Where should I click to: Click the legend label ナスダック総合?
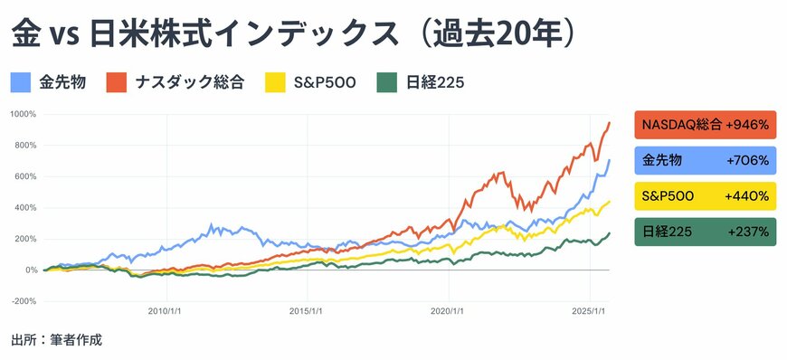coord(190,83)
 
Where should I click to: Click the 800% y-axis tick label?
coord(24,146)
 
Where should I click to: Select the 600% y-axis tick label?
coord(24,176)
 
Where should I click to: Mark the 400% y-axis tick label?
coord(24,208)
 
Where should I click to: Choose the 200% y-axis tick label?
coord(24,239)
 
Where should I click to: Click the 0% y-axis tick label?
coord(30,270)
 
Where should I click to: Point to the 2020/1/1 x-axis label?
coord(449,310)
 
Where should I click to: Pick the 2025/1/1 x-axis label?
coord(589,310)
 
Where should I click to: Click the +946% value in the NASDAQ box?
coord(746,125)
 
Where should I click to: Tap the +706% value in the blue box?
coord(747,160)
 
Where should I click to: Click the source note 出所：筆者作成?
coord(56,340)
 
